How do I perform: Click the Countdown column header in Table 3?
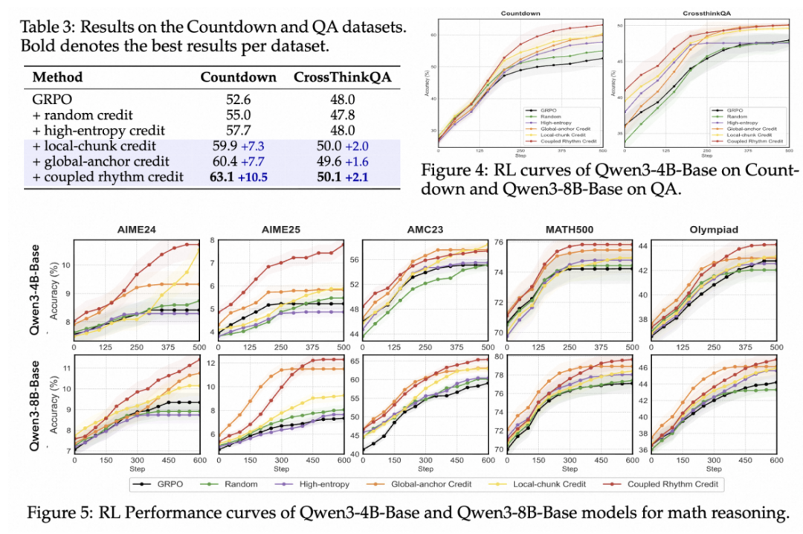(x=239, y=77)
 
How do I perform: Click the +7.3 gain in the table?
(x=253, y=145)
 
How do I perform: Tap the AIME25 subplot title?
(x=279, y=230)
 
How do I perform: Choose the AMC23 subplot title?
(x=423, y=230)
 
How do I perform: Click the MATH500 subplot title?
(x=570, y=230)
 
